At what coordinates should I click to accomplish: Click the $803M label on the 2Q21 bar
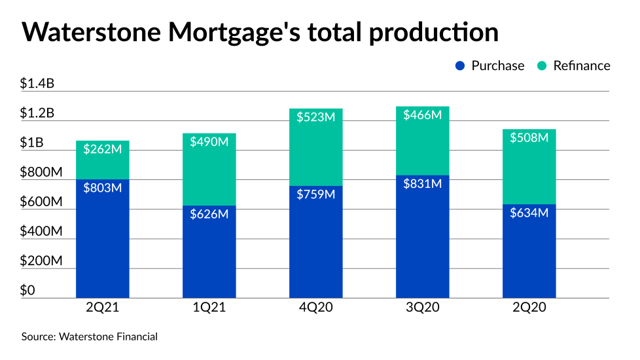(103, 188)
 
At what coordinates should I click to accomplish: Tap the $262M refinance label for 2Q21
(103, 149)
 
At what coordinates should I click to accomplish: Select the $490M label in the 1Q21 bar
(209, 142)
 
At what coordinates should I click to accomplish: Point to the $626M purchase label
(209, 214)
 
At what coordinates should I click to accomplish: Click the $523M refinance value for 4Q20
(316, 117)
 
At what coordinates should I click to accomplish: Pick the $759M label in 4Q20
(316, 194)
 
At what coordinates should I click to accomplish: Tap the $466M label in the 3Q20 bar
(423, 115)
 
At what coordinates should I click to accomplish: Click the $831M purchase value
(423, 184)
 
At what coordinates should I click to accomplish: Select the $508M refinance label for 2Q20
(529, 137)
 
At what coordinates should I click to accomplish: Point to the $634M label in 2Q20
(529, 212)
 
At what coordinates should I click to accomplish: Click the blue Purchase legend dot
(460, 65)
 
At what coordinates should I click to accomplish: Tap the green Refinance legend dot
(542, 65)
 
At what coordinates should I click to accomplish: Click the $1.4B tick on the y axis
(37, 83)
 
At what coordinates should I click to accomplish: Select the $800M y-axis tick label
(42, 172)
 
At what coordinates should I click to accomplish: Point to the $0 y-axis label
(27, 290)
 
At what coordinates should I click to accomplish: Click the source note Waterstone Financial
(108, 336)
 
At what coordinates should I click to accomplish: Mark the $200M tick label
(42, 261)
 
